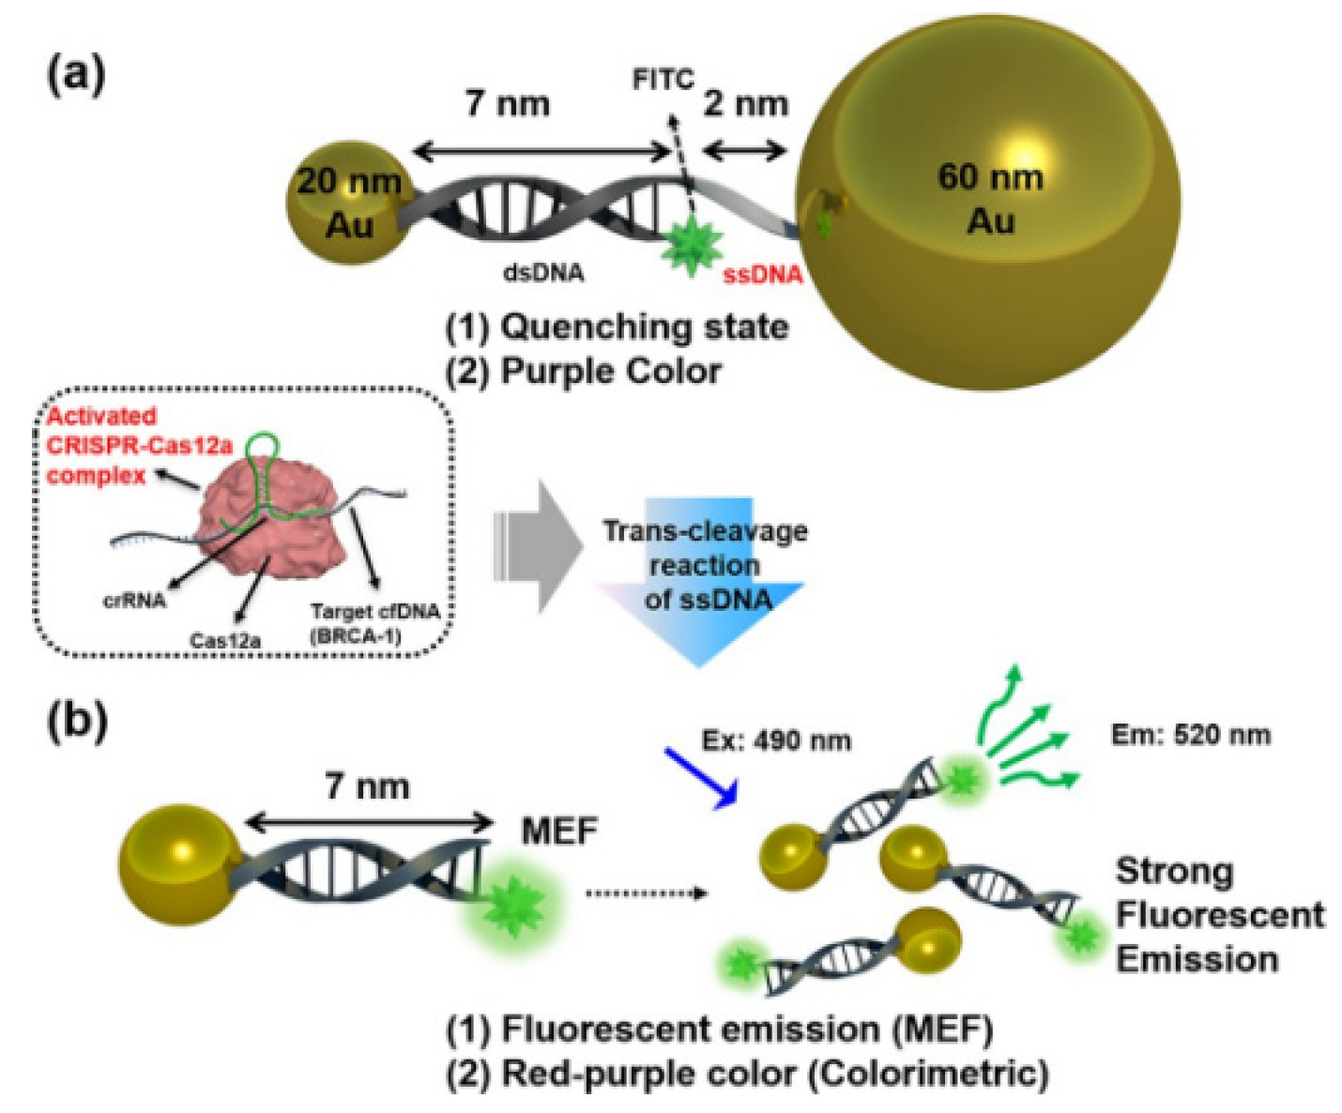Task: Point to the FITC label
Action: (x=663, y=80)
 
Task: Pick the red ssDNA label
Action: (x=762, y=275)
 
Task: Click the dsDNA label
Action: (x=543, y=273)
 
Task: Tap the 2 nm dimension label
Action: (x=745, y=103)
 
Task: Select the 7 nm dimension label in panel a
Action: (x=508, y=103)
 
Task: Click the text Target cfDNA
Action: (x=374, y=612)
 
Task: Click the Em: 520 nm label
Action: (x=1190, y=735)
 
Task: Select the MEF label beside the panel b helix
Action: (x=559, y=831)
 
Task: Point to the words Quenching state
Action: (x=644, y=327)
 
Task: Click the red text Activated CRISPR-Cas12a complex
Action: (x=139, y=446)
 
